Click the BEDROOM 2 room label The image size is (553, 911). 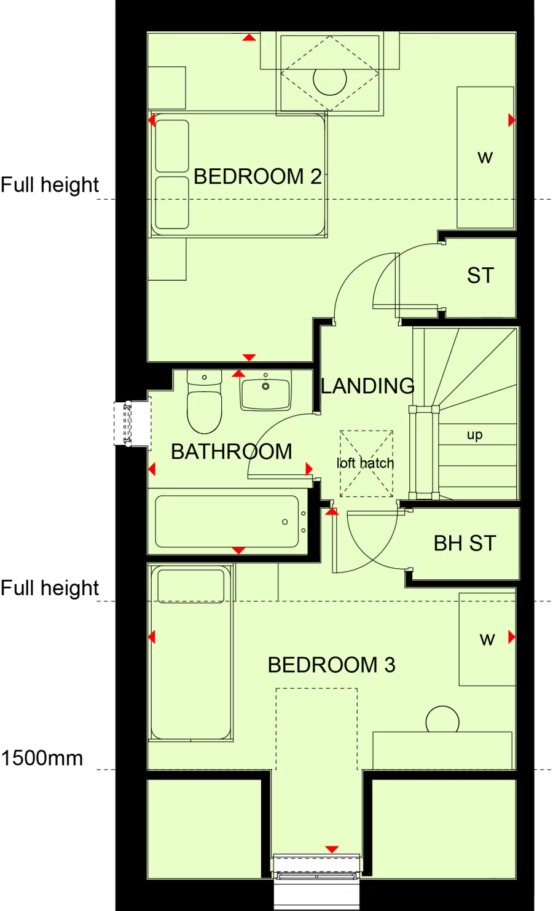(x=257, y=177)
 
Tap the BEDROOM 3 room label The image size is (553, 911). (x=331, y=665)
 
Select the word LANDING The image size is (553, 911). (x=367, y=386)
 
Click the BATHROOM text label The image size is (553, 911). (x=232, y=452)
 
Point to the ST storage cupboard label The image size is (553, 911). (x=480, y=276)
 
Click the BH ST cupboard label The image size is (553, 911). (x=465, y=543)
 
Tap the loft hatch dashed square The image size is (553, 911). (x=366, y=463)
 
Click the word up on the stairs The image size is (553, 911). (x=474, y=435)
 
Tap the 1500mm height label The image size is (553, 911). (x=42, y=758)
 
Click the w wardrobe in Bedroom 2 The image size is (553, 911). (x=485, y=158)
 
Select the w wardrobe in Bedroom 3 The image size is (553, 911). (x=487, y=639)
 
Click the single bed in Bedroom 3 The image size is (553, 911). (x=191, y=653)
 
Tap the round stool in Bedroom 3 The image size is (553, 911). (x=442, y=720)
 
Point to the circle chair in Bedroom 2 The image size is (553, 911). (x=330, y=80)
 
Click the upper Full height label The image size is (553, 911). (x=50, y=185)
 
